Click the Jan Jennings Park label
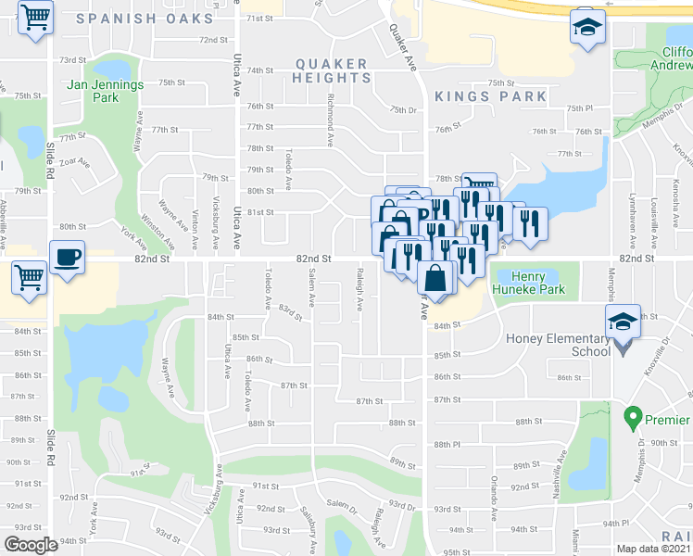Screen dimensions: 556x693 click(106, 90)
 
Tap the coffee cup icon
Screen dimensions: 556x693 click(68, 257)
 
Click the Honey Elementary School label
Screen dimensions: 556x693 click(558, 345)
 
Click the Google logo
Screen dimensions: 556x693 click(31, 544)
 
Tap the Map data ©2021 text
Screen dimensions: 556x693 click(651, 549)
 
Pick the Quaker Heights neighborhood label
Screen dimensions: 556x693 click(331, 70)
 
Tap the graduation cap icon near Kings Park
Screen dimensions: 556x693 click(586, 27)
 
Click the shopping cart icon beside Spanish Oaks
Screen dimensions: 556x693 click(35, 17)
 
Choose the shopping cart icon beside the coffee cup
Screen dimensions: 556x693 click(30, 275)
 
